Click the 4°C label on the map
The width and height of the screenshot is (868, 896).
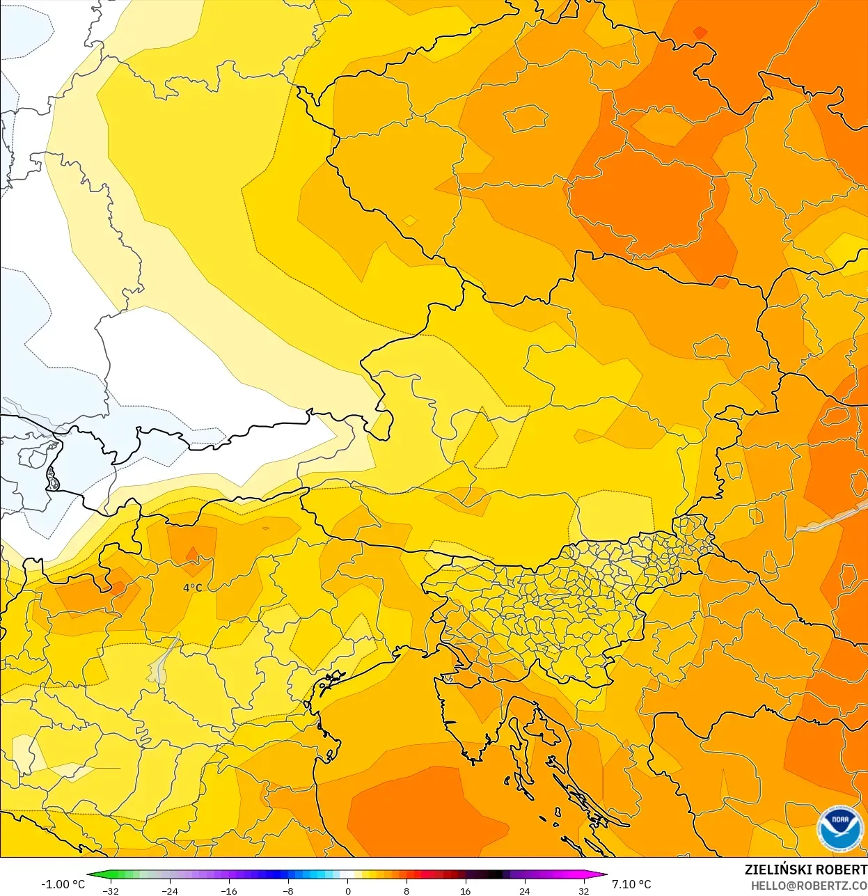click(192, 588)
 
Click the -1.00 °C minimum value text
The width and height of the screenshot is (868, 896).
click(63, 884)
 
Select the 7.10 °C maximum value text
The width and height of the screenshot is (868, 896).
click(631, 884)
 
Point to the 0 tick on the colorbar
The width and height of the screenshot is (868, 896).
click(347, 891)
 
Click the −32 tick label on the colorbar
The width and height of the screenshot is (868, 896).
click(110, 891)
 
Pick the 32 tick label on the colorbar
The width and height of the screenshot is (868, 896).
click(583, 891)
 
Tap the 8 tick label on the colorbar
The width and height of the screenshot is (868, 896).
click(407, 891)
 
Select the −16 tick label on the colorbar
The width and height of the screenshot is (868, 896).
click(228, 891)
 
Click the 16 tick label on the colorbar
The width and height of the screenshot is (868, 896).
click(466, 891)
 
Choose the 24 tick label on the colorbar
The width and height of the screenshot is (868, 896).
click(525, 891)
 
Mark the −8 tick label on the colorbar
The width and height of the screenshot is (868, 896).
click(287, 891)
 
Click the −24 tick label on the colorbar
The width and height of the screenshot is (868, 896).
click(169, 891)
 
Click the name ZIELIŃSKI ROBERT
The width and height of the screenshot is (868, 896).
click(805, 870)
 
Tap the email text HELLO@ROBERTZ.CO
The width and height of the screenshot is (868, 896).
click(808, 886)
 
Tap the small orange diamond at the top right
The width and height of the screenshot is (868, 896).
click(700, 32)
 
